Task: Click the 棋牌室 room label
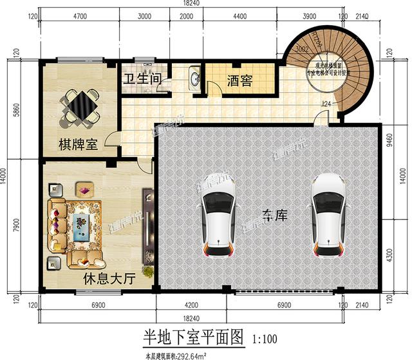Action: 79,145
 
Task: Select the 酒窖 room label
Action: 239,81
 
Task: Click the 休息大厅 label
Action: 109,279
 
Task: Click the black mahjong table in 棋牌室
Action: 80,105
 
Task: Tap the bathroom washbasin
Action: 194,79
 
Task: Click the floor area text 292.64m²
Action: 196,352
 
